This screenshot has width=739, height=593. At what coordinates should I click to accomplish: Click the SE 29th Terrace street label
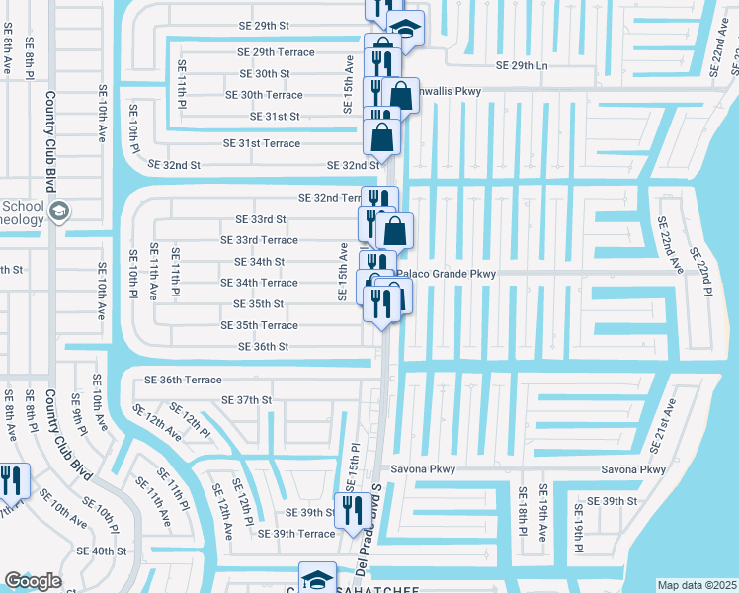click(x=276, y=52)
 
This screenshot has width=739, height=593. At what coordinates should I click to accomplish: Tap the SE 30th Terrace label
click(x=264, y=95)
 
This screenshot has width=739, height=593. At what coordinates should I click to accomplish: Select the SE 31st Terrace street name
click(x=262, y=143)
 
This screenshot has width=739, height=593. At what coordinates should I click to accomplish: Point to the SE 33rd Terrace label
click(x=259, y=240)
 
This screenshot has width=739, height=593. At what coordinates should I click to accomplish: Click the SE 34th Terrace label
click(x=259, y=283)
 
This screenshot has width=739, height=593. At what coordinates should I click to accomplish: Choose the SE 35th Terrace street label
click(x=259, y=325)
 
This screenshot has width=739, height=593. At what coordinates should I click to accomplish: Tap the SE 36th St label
click(x=264, y=347)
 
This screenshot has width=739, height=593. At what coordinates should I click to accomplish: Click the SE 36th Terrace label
click(x=184, y=380)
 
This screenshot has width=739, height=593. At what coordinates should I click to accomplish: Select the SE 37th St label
click(x=247, y=400)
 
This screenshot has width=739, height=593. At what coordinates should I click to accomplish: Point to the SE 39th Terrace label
click(x=296, y=534)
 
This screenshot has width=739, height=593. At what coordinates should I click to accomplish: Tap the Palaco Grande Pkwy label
click(x=446, y=274)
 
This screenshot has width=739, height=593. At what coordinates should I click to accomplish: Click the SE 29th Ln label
click(x=521, y=64)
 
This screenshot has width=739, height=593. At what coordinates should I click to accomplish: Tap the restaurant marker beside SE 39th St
click(x=350, y=511)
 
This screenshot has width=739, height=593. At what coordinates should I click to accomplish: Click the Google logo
click(x=33, y=580)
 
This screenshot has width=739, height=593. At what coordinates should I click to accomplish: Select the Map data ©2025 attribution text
click(x=696, y=585)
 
